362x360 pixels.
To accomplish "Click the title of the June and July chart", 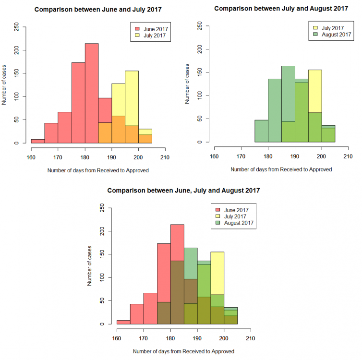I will click(x=98, y=10).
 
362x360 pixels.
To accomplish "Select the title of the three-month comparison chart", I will click(x=183, y=191).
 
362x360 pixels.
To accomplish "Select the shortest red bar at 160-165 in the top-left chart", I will click(x=38, y=141).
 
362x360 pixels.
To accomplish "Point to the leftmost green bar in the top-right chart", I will click(x=261, y=131).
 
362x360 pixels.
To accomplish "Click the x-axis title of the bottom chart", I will click(x=183, y=351).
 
